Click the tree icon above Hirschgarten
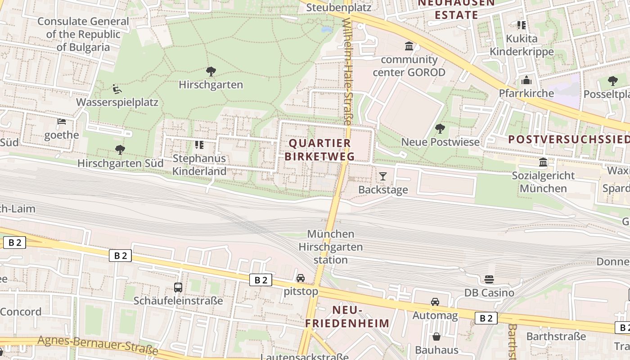211,71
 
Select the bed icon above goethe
62,121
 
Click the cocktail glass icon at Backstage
382,176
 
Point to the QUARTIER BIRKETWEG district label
320,150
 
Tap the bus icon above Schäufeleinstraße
178,287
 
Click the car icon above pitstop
301,278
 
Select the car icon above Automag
435,302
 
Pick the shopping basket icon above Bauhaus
436,336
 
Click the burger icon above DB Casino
489,279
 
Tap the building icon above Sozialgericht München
543,162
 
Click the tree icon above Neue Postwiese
440,129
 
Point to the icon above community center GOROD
409,46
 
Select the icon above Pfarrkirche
526,80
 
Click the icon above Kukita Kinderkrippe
522,25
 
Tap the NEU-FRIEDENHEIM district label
347,316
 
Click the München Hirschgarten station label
331,247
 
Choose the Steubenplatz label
338,7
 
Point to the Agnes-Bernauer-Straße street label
98,345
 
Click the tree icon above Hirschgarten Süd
120,149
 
